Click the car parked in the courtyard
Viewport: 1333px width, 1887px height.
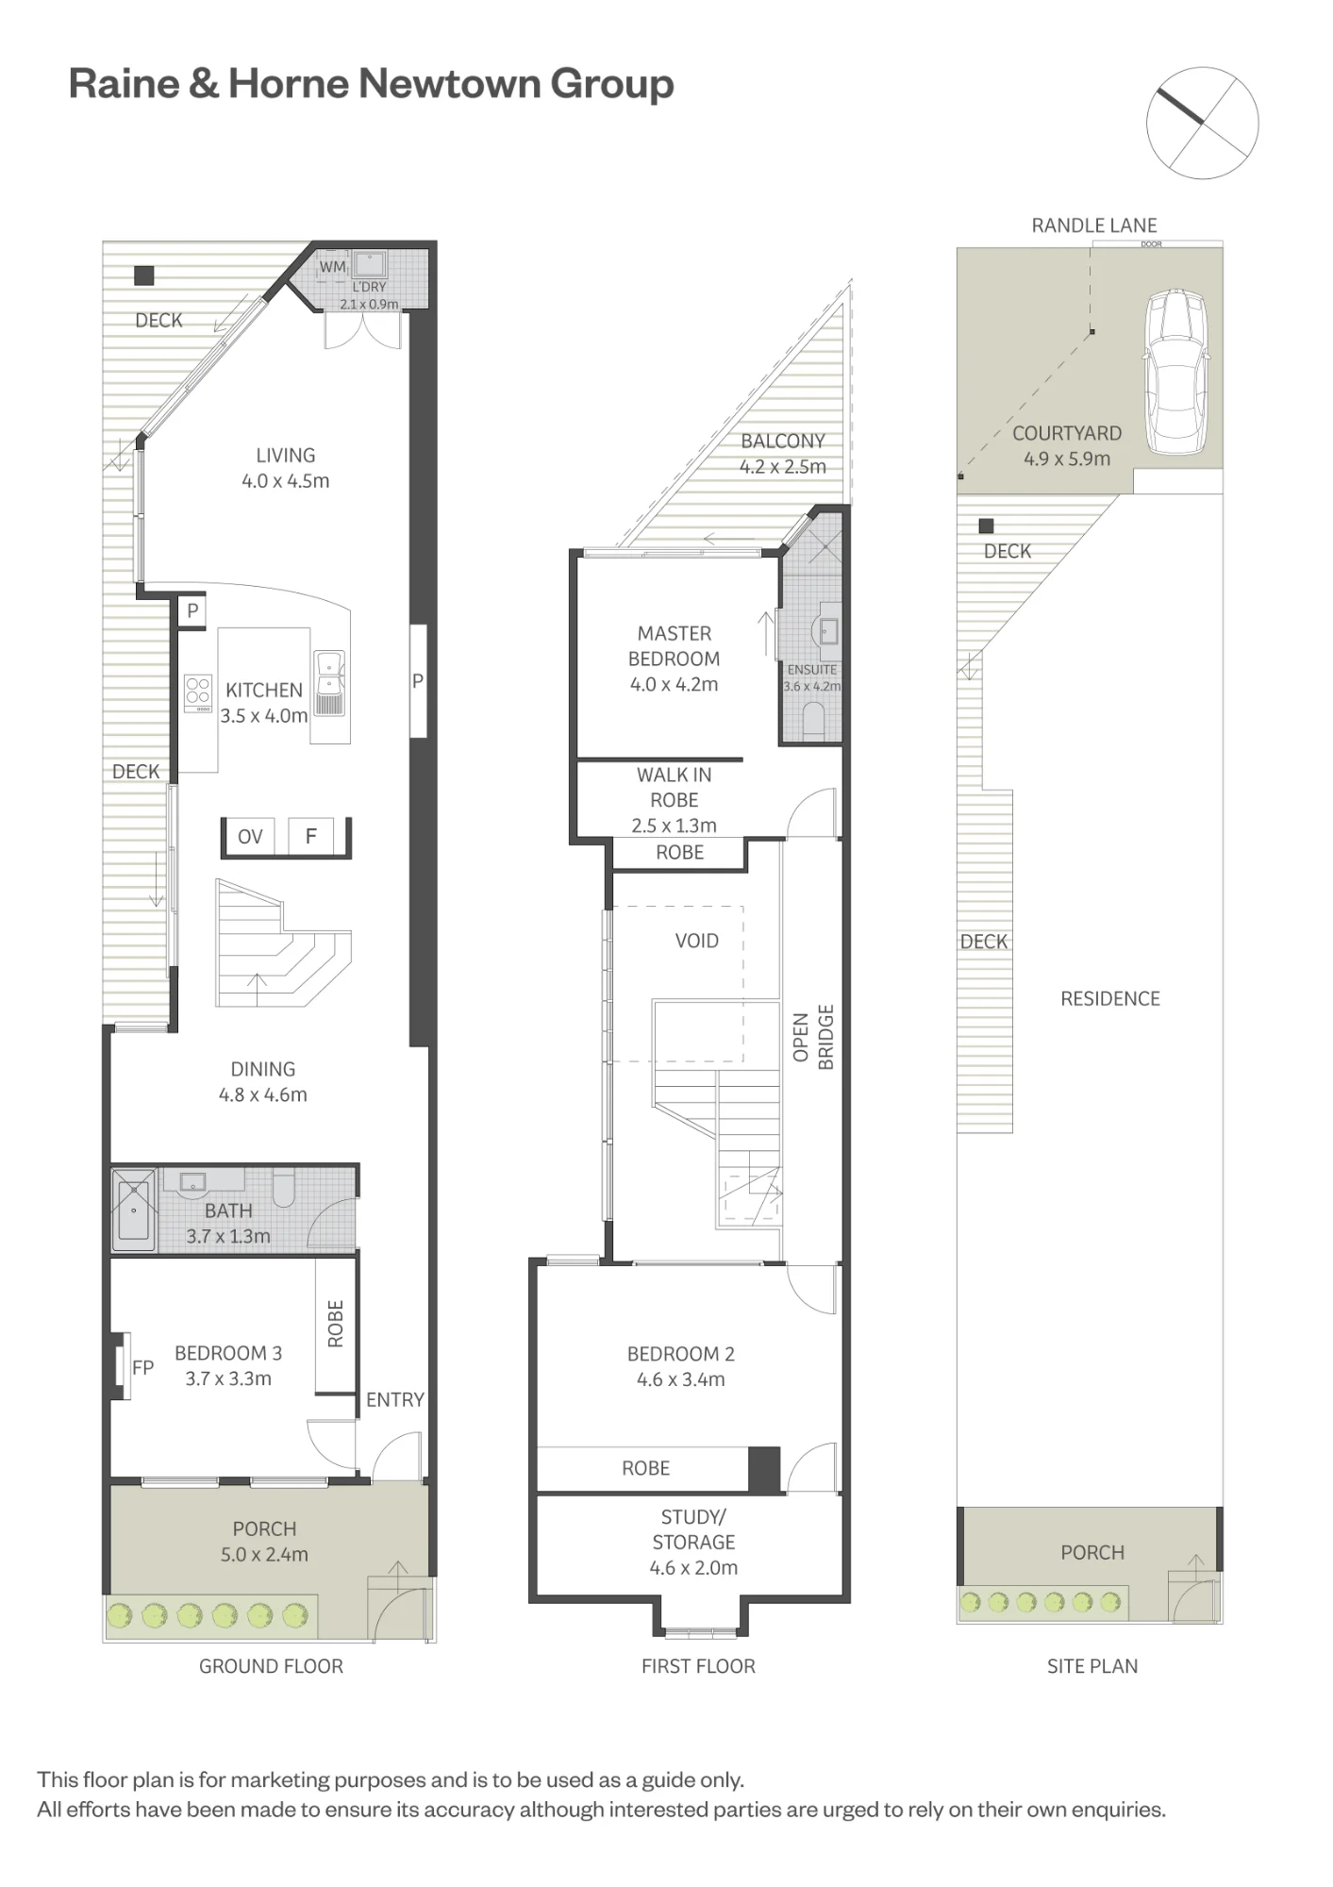click(1175, 372)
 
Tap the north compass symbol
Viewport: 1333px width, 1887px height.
click(1202, 123)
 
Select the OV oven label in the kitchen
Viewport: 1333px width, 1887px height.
click(250, 837)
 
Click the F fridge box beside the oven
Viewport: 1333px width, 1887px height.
click(311, 836)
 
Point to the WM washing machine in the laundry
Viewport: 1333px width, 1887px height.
click(332, 267)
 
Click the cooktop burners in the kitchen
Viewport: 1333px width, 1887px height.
click(198, 693)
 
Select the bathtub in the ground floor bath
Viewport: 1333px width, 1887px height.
click(134, 1211)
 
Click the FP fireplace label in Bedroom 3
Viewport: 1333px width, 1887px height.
click(142, 1367)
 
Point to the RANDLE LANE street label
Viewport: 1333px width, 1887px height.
click(1093, 225)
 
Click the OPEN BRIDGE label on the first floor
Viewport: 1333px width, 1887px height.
click(813, 1037)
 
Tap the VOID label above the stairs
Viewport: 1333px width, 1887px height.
click(696, 941)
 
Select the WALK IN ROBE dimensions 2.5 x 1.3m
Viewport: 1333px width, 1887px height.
click(674, 826)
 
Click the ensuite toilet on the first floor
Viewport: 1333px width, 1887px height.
click(813, 720)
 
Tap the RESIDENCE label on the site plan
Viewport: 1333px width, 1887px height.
click(1110, 999)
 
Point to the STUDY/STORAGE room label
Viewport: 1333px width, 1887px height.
click(693, 1529)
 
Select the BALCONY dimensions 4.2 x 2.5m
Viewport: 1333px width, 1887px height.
click(782, 467)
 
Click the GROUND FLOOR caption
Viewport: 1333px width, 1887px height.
click(271, 1666)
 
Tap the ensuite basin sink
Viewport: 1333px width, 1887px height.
click(826, 630)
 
